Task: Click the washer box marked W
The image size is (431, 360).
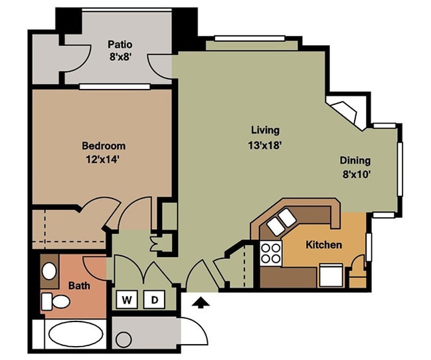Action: click(x=127, y=299)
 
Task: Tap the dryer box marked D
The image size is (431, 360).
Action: click(x=155, y=299)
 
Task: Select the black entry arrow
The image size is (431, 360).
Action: click(x=201, y=302)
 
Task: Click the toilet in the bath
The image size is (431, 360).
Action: click(x=55, y=302)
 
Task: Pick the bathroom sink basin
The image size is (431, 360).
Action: click(x=49, y=271)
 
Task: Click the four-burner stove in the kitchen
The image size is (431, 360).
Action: click(x=271, y=253)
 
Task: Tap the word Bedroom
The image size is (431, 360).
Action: click(x=104, y=145)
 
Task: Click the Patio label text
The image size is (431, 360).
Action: click(x=120, y=45)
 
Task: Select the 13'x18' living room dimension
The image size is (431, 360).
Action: click(x=265, y=145)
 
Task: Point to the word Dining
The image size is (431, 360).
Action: click(x=355, y=160)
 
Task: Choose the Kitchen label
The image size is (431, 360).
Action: click(x=324, y=244)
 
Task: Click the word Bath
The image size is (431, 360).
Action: click(x=79, y=286)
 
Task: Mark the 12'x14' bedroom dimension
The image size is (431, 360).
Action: click(x=102, y=159)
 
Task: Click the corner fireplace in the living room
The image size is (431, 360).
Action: click(x=345, y=112)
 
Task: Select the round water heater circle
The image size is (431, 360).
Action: click(x=124, y=339)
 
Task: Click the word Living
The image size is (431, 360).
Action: click(x=265, y=130)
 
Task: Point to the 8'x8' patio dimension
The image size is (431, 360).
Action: click(x=120, y=58)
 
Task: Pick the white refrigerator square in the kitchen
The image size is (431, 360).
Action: click(x=331, y=275)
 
